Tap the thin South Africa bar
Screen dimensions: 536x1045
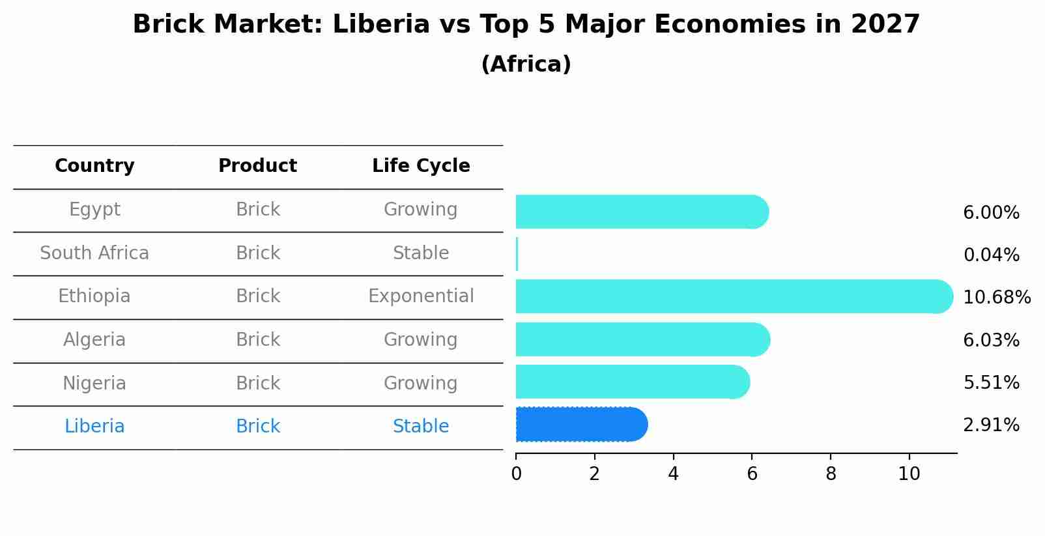517,254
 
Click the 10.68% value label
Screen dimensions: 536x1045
996,298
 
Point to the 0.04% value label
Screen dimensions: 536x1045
991,255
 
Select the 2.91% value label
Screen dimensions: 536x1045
991,425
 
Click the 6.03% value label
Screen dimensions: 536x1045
991,340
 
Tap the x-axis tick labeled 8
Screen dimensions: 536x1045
831,474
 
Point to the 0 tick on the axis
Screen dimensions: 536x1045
516,474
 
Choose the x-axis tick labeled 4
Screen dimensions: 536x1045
673,474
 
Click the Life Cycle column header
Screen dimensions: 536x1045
421,166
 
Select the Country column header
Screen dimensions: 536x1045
94,166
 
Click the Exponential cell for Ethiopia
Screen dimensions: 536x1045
421,296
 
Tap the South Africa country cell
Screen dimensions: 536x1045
94,253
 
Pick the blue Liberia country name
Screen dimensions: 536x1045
94,427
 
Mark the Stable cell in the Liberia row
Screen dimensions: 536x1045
421,427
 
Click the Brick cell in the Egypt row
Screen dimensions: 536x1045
258,210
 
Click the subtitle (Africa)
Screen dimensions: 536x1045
526,64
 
